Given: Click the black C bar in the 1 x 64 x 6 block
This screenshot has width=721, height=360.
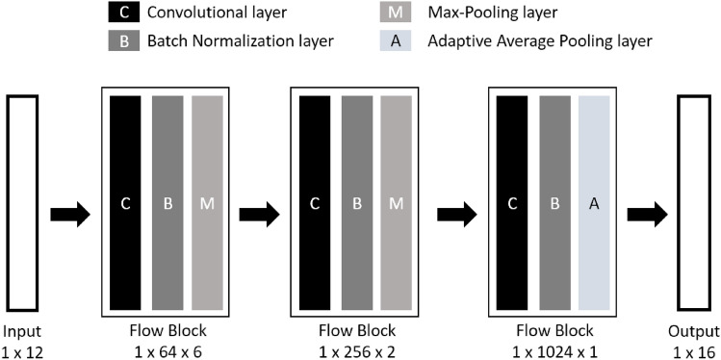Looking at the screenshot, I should point(125,203).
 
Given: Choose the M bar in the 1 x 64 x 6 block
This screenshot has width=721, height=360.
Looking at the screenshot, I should point(206,203).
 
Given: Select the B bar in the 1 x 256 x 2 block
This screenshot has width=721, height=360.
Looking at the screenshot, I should point(356,203).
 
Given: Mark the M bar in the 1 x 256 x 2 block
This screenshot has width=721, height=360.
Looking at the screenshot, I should point(397,203).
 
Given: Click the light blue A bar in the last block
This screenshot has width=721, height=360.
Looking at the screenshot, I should point(594,203).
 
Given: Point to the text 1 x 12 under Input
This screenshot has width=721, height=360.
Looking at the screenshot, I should point(23,350).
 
